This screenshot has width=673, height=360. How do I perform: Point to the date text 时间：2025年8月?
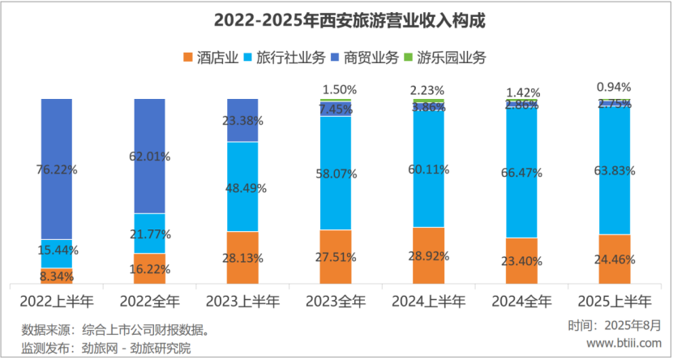[615, 325]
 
